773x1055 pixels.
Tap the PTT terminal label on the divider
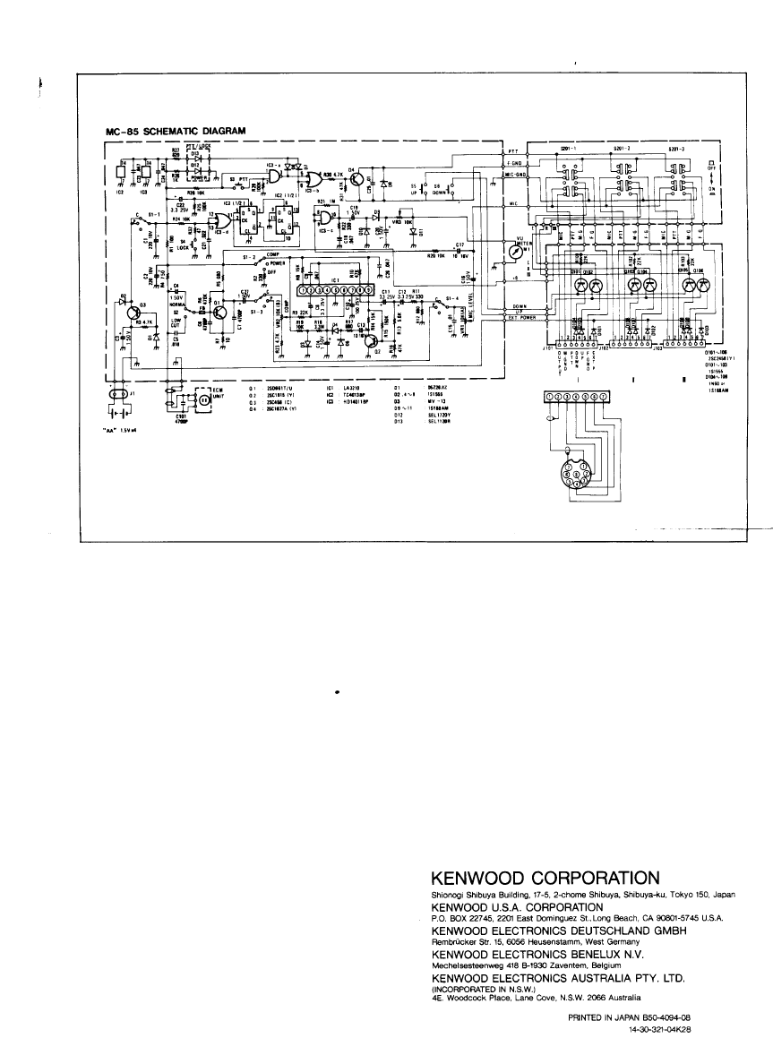(513, 152)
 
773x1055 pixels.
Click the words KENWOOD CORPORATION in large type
(545, 876)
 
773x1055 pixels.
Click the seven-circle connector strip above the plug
(576, 397)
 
